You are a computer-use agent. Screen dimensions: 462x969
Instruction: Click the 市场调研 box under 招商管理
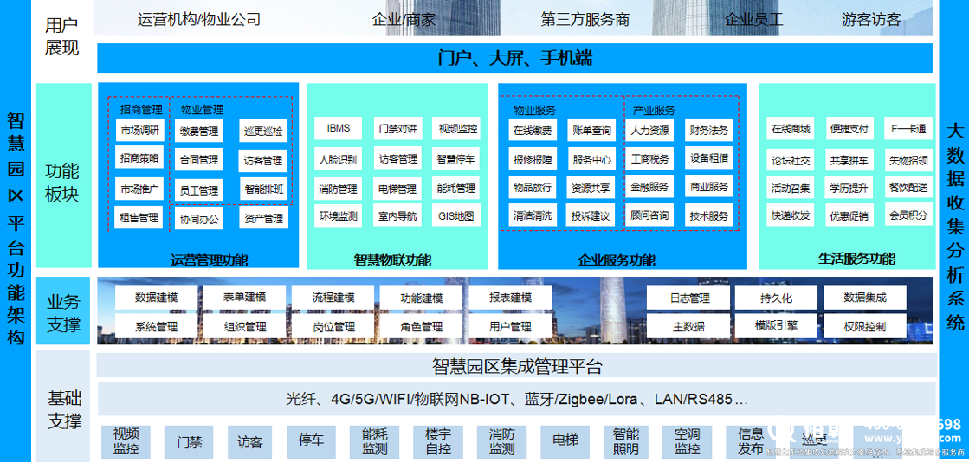(139, 131)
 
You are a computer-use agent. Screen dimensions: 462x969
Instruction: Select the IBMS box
(339, 129)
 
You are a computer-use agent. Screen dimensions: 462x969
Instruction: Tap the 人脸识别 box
(338, 159)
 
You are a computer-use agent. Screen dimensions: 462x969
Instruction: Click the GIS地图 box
(456, 215)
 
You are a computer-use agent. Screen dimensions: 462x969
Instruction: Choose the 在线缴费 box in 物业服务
(533, 131)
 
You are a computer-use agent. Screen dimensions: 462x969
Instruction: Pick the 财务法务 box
(709, 131)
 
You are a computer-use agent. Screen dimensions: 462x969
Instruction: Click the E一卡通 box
(908, 130)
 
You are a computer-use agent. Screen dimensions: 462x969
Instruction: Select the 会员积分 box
(908, 215)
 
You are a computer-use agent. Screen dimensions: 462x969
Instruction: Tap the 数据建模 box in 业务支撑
(156, 298)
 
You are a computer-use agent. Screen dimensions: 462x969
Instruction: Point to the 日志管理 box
(689, 298)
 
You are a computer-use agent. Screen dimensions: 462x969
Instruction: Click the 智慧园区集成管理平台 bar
(516, 365)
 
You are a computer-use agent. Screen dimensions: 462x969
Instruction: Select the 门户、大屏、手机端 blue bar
(515, 58)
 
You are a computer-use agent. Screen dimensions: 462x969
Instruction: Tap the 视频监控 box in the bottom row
(126, 441)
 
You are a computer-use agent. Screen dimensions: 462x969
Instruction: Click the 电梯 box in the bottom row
(565, 441)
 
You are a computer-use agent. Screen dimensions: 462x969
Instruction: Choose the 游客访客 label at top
(870, 19)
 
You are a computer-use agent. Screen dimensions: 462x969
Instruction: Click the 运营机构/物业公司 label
(199, 19)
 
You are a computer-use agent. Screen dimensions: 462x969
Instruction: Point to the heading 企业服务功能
(617, 260)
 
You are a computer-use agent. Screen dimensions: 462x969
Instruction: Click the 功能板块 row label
(61, 182)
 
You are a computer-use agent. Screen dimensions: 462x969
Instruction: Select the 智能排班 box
(263, 189)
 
